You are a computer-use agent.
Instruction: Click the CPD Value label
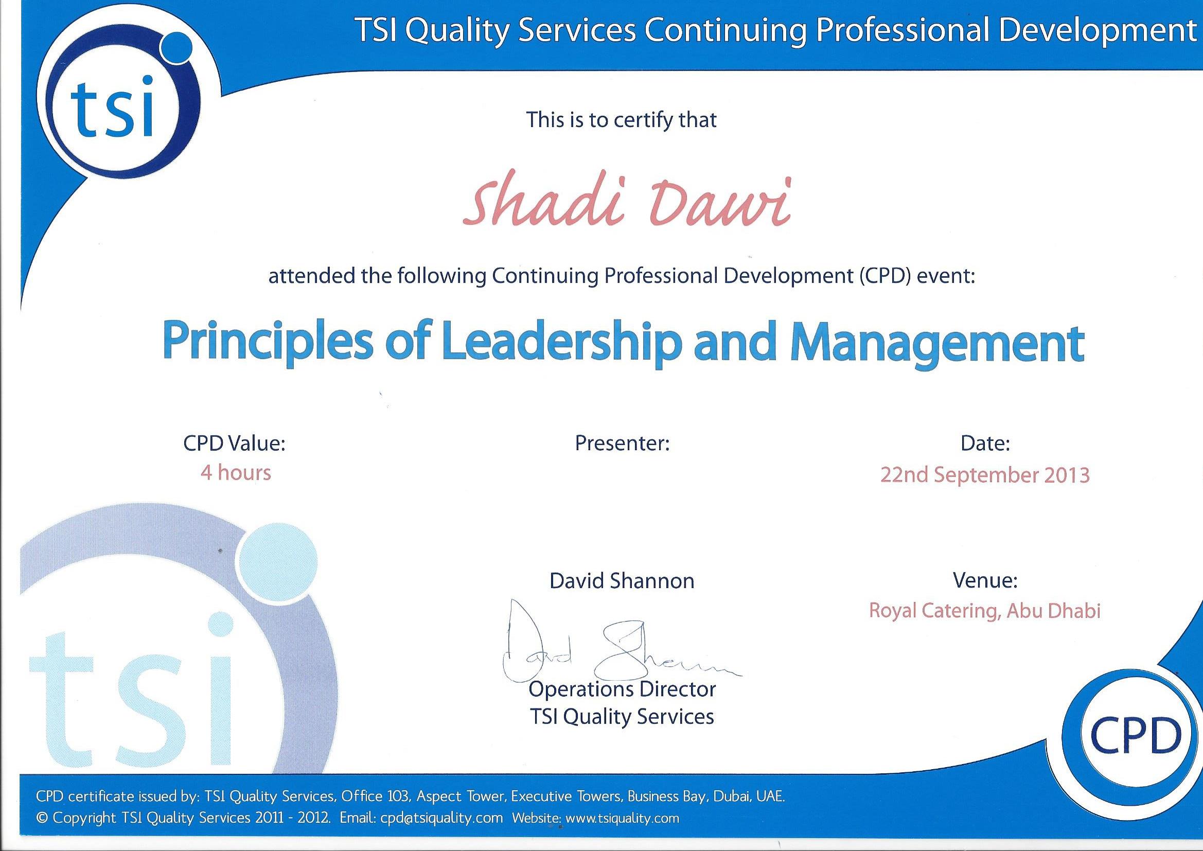click(x=234, y=444)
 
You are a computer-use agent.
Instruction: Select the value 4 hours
click(x=236, y=473)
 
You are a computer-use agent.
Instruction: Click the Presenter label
click(x=623, y=444)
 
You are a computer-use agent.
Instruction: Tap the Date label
click(x=985, y=444)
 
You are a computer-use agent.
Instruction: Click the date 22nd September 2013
click(x=985, y=475)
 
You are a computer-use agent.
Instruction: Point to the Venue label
click(x=985, y=580)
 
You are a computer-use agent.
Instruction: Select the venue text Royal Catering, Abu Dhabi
click(x=985, y=611)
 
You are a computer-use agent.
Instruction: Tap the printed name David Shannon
click(x=622, y=580)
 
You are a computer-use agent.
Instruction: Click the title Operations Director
click(x=622, y=689)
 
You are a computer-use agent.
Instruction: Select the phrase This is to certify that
click(x=622, y=120)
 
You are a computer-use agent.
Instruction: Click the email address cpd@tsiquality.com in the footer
click(x=441, y=818)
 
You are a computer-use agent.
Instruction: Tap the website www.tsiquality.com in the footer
click(x=623, y=818)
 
